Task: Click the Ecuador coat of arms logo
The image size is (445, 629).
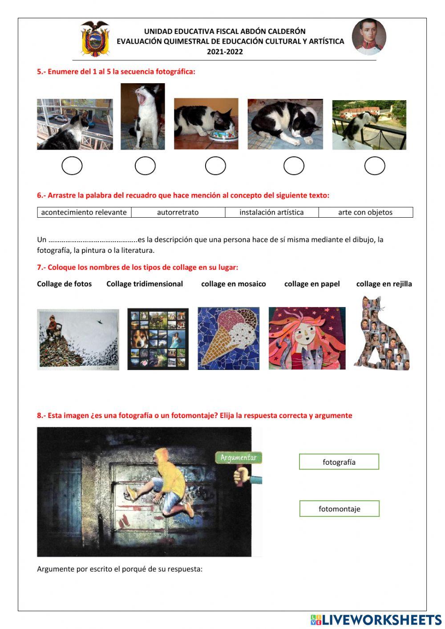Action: pyautogui.click(x=94, y=39)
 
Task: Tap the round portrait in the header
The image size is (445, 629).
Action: pyautogui.click(x=369, y=37)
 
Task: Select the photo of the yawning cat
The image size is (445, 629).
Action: pyautogui.click(x=142, y=116)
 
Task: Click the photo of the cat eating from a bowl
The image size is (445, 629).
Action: pyautogui.click(x=206, y=124)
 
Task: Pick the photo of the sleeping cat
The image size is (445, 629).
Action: pyautogui.click(x=285, y=124)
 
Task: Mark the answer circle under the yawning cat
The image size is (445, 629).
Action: pyautogui.click(x=145, y=166)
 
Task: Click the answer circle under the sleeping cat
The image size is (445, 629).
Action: pyautogui.click(x=294, y=166)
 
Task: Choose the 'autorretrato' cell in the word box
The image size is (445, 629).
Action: pyautogui.click(x=178, y=212)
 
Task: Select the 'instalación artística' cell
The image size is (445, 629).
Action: pyautogui.click(x=271, y=212)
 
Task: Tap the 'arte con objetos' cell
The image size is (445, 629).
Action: pyautogui.click(x=365, y=212)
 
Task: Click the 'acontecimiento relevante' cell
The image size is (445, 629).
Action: pyautogui.click(x=84, y=212)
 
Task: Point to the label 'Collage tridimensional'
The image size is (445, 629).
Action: pyautogui.click(x=145, y=284)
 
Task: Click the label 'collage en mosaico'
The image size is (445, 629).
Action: pyautogui.click(x=234, y=284)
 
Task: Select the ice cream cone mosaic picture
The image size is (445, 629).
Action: pyautogui.click(x=228, y=338)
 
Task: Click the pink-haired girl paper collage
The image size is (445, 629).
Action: pyautogui.click(x=307, y=338)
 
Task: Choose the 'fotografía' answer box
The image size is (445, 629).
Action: pyautogui.click(x=339, y=462)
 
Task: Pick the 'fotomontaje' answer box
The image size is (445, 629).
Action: pyautogui.click(x=340, y=509)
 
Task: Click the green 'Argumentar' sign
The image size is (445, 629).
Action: pyautogui.click(x=239, y=458)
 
